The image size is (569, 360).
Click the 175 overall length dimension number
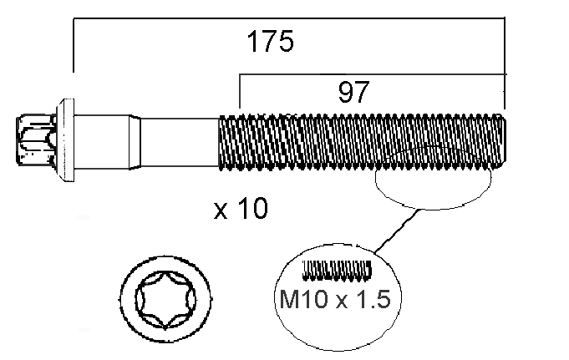click(x=270, y=42)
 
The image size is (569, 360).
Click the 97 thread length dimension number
click(x=353, y=92)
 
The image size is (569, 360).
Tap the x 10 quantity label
click(x=241, y=208)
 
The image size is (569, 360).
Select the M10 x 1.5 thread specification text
click(x=335, y=299)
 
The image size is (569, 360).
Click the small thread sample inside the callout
click(x=337, y=270)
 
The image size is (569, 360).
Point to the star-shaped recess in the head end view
click(x=165, y=299)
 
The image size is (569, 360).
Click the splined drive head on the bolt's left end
click(x=36, y=139)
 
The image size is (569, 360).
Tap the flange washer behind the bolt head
click(x=65, y=140)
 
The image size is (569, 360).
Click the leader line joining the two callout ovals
click(x=398, y=231)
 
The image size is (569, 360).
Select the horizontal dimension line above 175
click(x=289, y=18)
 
